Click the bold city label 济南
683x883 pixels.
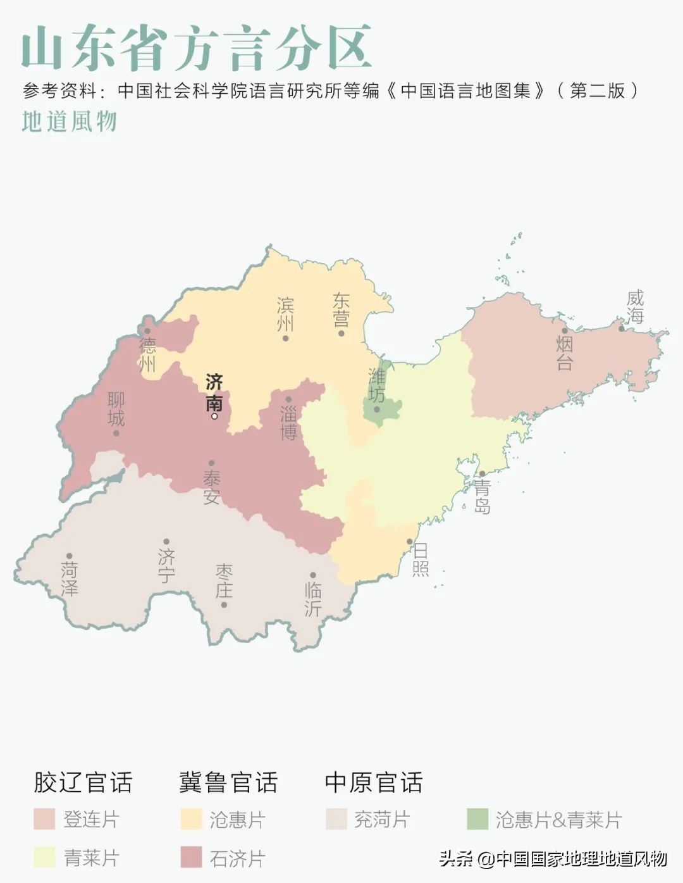click(214, 392)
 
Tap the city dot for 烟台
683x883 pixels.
click(565, 330)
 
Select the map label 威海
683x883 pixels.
click(635, 306)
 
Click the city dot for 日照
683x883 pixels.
click(410, 542)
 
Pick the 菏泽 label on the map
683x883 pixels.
click(70, 579)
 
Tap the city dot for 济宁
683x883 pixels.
click(166, 542)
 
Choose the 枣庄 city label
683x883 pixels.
click(224, 581)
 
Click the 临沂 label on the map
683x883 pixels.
click(313, 599)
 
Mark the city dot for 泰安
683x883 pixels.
click(211, 463)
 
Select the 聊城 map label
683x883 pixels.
click(116, 409)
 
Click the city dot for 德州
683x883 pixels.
click(147, 330)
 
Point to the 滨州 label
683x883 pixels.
click(285, 315)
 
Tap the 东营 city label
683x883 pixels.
click(341, 309)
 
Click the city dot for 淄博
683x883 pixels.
click(288, 399)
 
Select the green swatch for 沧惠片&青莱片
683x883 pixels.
click(477, 819)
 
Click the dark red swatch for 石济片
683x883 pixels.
click(191, 858)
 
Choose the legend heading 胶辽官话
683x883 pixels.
click(83, 782)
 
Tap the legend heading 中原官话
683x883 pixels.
click(374, 782)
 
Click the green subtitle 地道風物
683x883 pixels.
click(70, 122)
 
